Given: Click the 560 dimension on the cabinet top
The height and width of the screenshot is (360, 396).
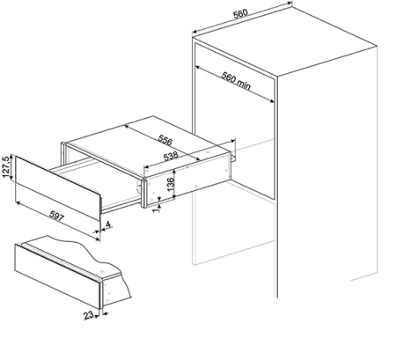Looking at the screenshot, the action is (x=240, y=14).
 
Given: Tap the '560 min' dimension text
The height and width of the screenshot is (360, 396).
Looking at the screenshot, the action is (x=237, y=81).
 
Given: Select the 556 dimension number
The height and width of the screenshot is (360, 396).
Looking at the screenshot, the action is (x=165, y=140).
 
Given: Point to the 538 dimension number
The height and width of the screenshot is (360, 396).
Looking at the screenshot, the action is (x=171, y=156).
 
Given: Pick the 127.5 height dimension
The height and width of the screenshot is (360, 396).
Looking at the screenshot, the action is (x=6, y=166).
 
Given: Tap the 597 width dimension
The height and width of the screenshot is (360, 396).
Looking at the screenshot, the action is (x=56, y=216).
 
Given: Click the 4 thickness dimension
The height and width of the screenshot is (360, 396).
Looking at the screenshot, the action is (x=108, y=225).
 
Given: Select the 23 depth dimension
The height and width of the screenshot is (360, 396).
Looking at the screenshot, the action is (x=89, y=315).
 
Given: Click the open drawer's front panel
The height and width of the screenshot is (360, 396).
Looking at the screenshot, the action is (x=58, y=187).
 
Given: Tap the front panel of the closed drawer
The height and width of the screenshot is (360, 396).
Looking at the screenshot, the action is (x=58, y=276).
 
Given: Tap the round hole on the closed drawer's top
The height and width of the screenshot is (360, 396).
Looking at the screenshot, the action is (x=102, y=271).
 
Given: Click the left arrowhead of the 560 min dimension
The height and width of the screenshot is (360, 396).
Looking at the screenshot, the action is (x=197, y=68).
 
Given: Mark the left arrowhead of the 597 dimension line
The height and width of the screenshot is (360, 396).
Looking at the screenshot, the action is (x=18, y=202).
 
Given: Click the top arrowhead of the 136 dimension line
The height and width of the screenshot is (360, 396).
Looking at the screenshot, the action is (x=174, y=172).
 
